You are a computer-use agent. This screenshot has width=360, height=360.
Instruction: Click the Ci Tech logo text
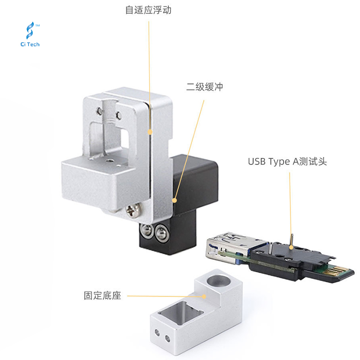click(x=30, y=44)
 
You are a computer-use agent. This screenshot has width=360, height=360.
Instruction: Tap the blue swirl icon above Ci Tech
click(x=30, y=30)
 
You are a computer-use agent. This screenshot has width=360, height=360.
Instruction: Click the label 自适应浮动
click(x=148, y=10)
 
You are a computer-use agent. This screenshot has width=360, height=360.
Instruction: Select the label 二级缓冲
click(x=205, y=87)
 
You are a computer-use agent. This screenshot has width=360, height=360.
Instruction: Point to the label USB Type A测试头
click(x=288, y=162)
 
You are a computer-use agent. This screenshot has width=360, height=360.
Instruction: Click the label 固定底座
click(x=103, y=296)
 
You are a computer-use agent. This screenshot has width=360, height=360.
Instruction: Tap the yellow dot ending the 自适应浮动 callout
click(x=150, y=132)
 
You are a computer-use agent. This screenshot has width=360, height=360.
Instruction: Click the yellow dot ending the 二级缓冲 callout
click(x=175, y=200)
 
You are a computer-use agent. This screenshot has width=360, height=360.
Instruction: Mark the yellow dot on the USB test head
click(x=291, y=247)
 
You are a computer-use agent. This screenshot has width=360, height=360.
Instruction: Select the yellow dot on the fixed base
click(x=204, y=297)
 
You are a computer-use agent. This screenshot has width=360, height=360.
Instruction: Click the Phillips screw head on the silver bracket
click(x=133, y=210)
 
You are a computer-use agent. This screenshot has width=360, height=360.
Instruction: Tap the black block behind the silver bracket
click(x=195, y=184)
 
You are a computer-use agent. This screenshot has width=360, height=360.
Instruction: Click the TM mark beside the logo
click(x=38, y=26)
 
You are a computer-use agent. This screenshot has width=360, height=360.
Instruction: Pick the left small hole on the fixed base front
click(x=157, y=332)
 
